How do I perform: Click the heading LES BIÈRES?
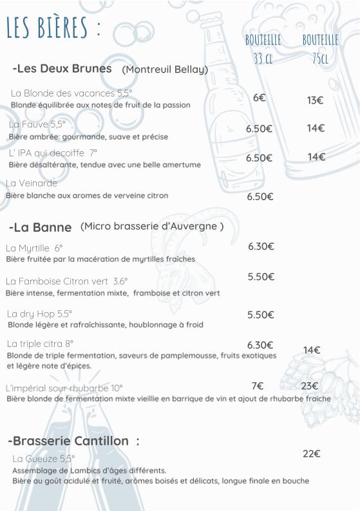[53, 28]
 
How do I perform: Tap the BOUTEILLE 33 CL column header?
[263, 49]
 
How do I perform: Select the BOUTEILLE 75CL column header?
[320, 49]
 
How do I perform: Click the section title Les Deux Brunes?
[62, 68]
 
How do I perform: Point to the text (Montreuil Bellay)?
[165, 70]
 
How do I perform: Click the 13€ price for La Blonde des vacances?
[315, 100]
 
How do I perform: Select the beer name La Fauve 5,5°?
[37, 124]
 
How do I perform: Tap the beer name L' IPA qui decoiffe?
[53, 153]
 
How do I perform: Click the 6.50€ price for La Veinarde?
[260, 197]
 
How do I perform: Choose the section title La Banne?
[41, 227]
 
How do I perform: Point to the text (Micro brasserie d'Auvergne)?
[152, 226]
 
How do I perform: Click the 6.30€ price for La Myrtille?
[261, 246]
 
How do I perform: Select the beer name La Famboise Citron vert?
[66, 281]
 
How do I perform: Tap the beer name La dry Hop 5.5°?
[39, 314]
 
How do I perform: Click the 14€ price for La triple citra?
[312, 350]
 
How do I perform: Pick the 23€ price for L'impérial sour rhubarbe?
[310, 386]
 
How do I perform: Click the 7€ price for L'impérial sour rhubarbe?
[258, 386]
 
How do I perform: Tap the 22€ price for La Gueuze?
[312, 454]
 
